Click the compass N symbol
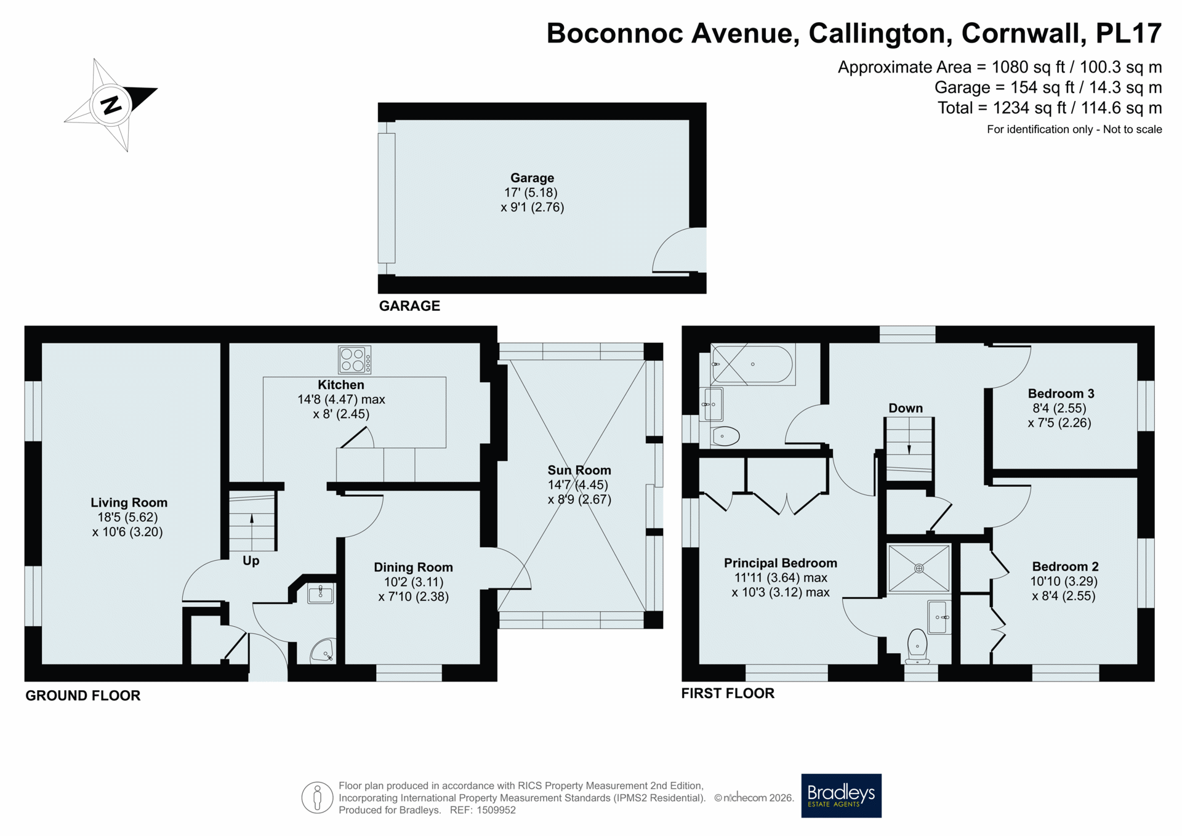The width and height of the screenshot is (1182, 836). (x=111, y=105)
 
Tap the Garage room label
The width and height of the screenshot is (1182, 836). (x=532, y=178)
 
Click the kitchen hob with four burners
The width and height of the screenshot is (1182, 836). (x=355, y=360)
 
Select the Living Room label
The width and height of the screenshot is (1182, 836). (x=129, y=503)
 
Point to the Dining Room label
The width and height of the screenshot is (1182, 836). (x=413, y=568)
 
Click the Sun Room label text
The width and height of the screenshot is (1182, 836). (x=579, y=470)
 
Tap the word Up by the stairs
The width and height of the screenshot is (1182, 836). (x=251, y=561)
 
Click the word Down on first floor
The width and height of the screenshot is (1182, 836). (x=906, y=408)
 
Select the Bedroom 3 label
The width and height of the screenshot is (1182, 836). (x=1061, y=393)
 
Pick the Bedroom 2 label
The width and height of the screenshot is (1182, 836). (x=1065, y=566)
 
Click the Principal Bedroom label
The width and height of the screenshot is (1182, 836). (x=780, y=563)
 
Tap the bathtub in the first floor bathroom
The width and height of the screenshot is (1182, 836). (x=752, y=364)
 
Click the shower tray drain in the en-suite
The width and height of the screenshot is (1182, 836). (x=919, y=568)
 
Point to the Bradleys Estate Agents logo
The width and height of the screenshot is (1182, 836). (x=841, y=795)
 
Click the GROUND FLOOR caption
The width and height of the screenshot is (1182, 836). (x=83, y=696)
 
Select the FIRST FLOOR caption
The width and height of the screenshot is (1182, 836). (x=728, y=693)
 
